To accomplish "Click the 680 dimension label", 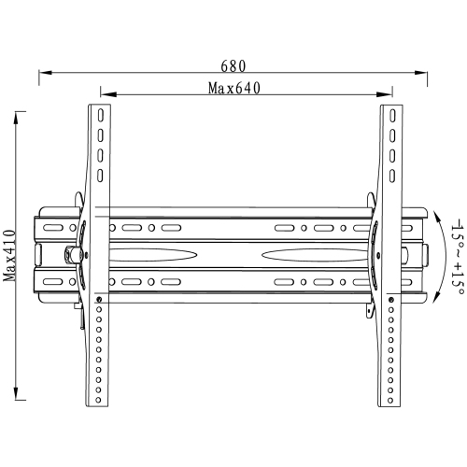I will pos(233,65).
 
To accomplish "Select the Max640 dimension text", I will pos(233,89).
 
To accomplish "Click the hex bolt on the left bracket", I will pos(71,253).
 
